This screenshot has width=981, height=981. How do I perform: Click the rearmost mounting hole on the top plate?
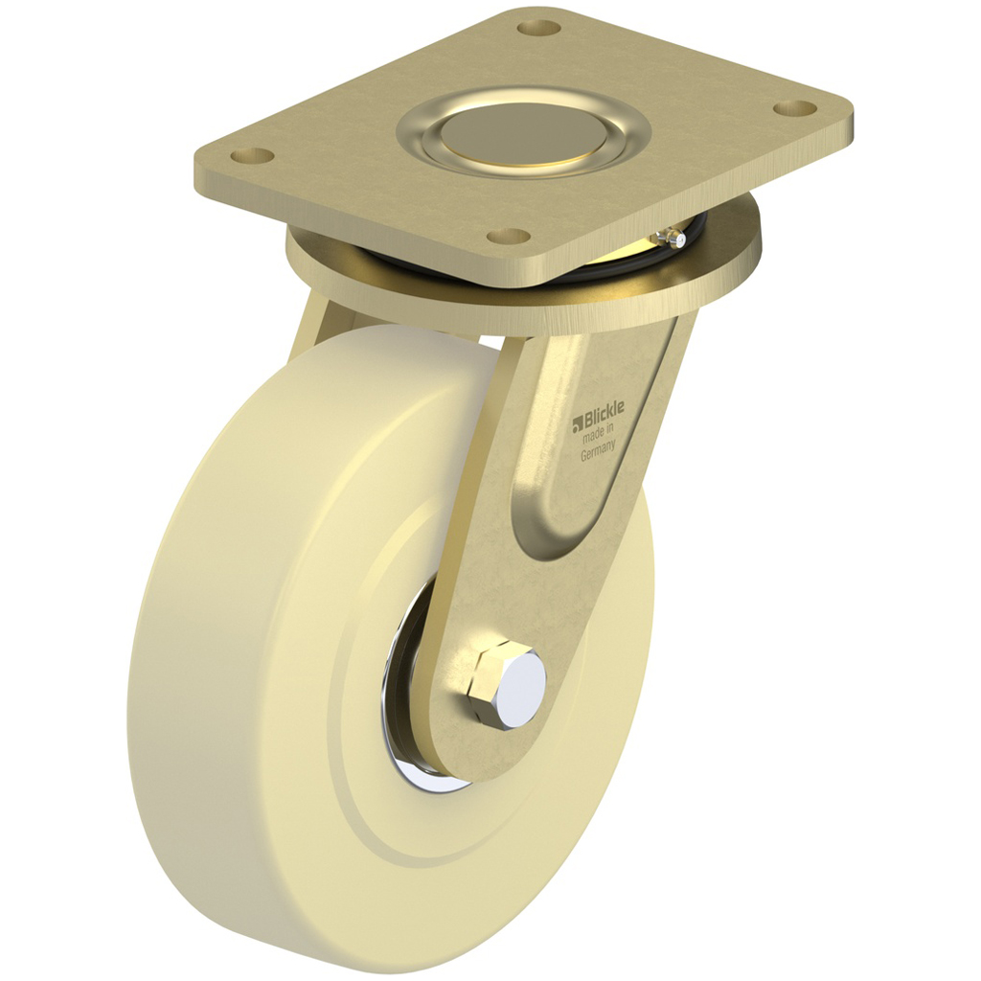(538, 27)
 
